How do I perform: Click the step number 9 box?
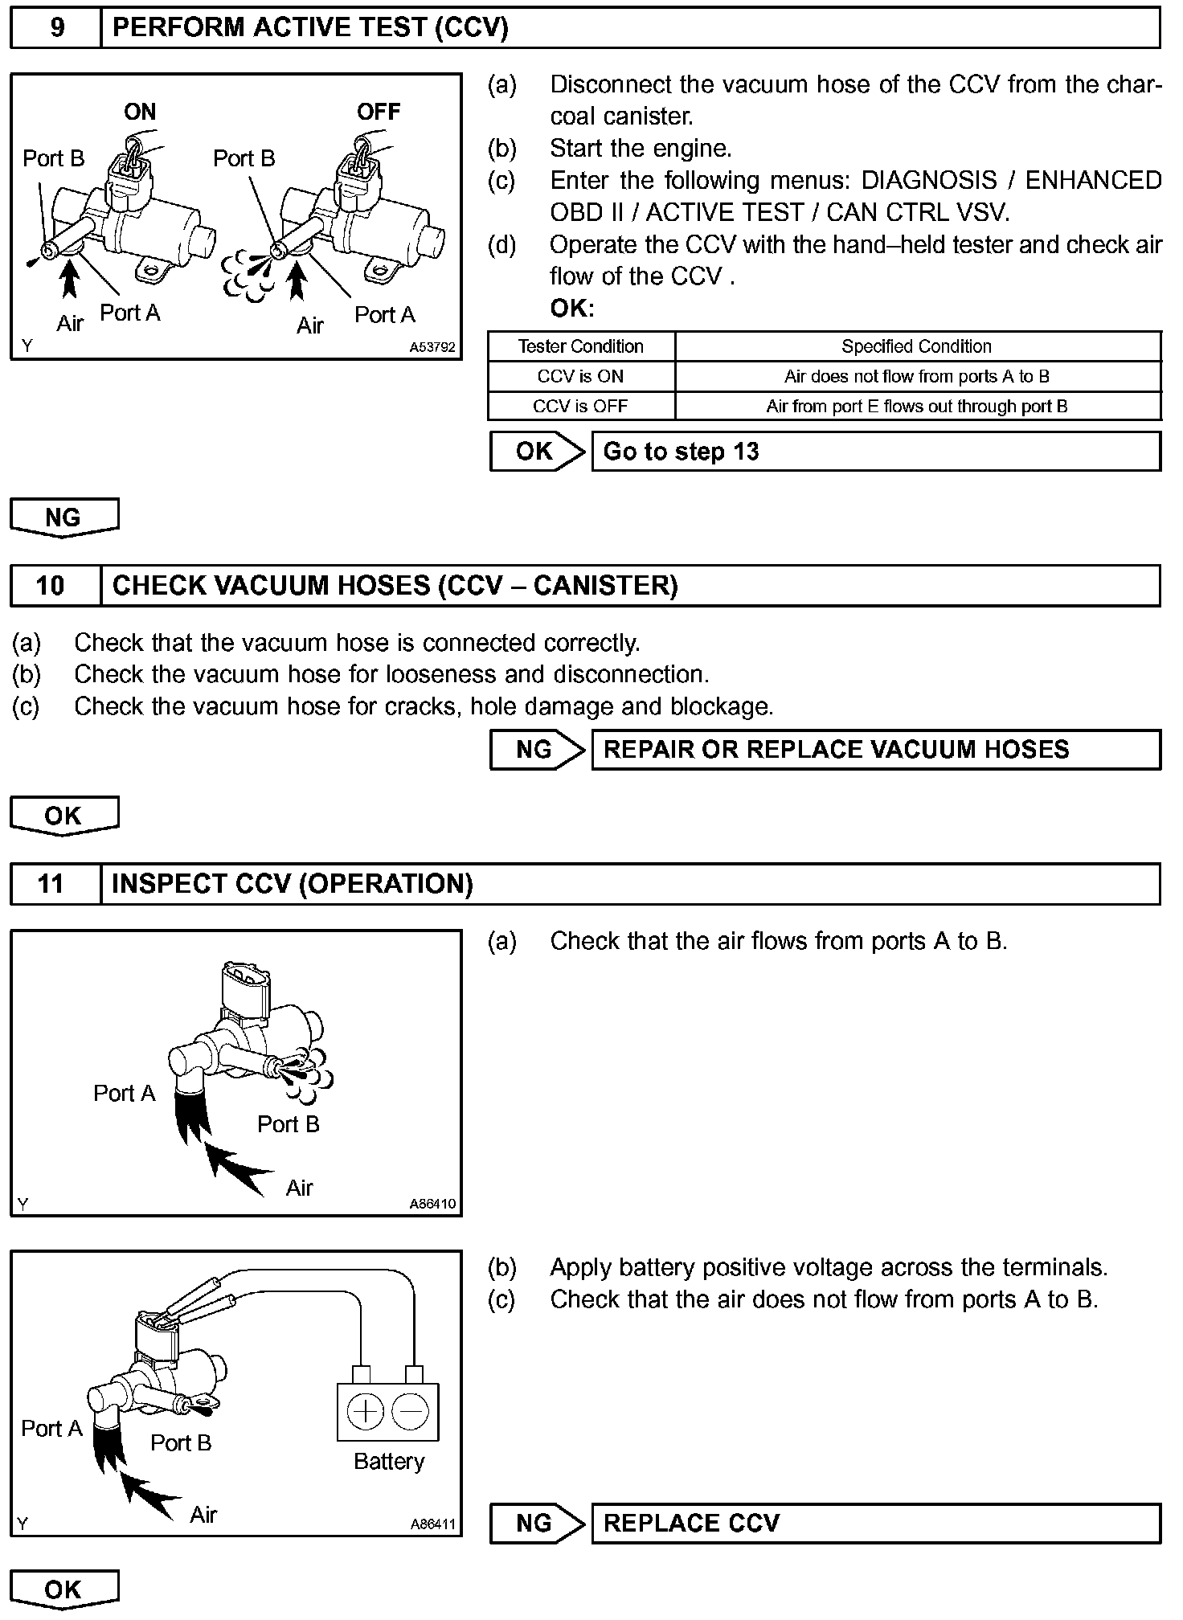56,28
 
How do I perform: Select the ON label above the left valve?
140,112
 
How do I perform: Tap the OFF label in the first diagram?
379,112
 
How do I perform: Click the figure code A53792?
432,348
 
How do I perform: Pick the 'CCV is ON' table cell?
580,376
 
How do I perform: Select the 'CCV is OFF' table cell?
580,406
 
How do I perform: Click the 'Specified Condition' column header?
916,346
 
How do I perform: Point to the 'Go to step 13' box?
876,452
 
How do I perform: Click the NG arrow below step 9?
64,517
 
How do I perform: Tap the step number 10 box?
51,585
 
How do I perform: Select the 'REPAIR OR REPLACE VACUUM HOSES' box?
876,750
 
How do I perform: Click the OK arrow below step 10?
64,816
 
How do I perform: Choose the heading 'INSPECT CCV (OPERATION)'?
293,884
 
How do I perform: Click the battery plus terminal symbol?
366,1411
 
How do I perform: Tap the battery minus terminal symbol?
410,1411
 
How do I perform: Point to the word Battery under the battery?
389,1461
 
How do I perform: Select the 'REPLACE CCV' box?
876,1523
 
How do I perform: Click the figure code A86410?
432,1204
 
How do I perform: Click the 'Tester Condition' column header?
580,346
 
